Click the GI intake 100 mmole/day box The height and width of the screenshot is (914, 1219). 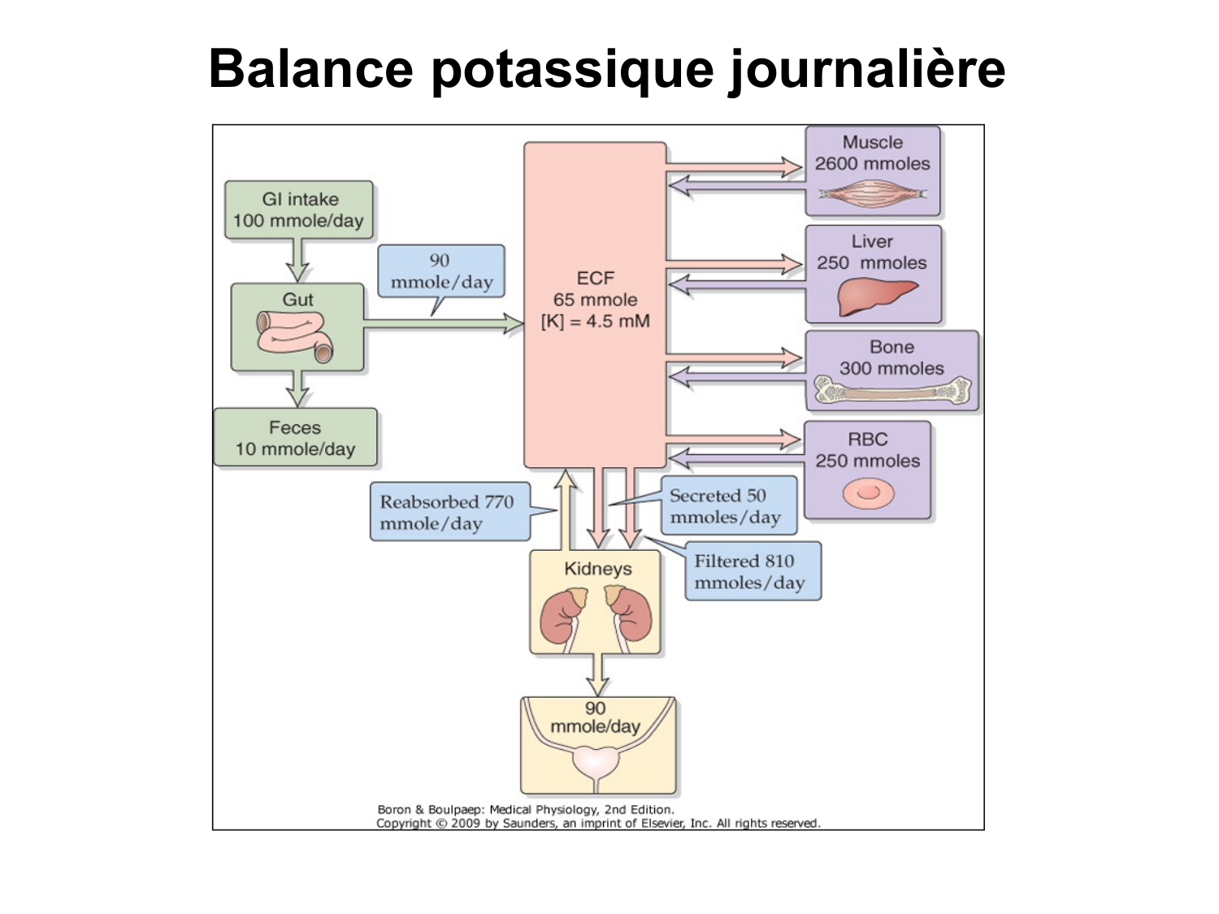click(x=298, y=210)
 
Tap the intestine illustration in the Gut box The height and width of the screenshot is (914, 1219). click(x=294, y=335)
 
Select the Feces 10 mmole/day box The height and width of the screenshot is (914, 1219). click(x=295, y=438)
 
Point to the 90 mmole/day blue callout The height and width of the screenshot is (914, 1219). click(x=440, y=271)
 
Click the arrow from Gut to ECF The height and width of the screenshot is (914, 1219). click(x=443, y=323)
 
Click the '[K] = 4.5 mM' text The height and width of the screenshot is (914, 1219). click(x=595, y=321)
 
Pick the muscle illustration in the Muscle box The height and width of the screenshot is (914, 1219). click(x=872, y=194)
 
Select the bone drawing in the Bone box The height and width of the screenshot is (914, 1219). click(x=892, y=392)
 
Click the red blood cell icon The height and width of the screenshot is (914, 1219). click(x=868, y=492)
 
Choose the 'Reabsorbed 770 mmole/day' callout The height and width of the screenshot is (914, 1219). click(x=449, y=513)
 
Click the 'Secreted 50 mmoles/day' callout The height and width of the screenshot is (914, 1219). click(x=727, y=506)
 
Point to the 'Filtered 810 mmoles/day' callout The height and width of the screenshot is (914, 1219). click(x=752, y=572)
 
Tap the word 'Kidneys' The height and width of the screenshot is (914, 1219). click(x=597, y=569)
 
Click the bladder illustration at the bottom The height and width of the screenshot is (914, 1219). click(x=597, y=762)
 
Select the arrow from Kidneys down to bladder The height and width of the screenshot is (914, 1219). click(x=597, y=674)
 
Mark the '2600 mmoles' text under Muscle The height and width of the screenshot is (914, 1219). click(x=872, y=163)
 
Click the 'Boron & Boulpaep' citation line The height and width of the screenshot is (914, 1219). click(x=525, y=809)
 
